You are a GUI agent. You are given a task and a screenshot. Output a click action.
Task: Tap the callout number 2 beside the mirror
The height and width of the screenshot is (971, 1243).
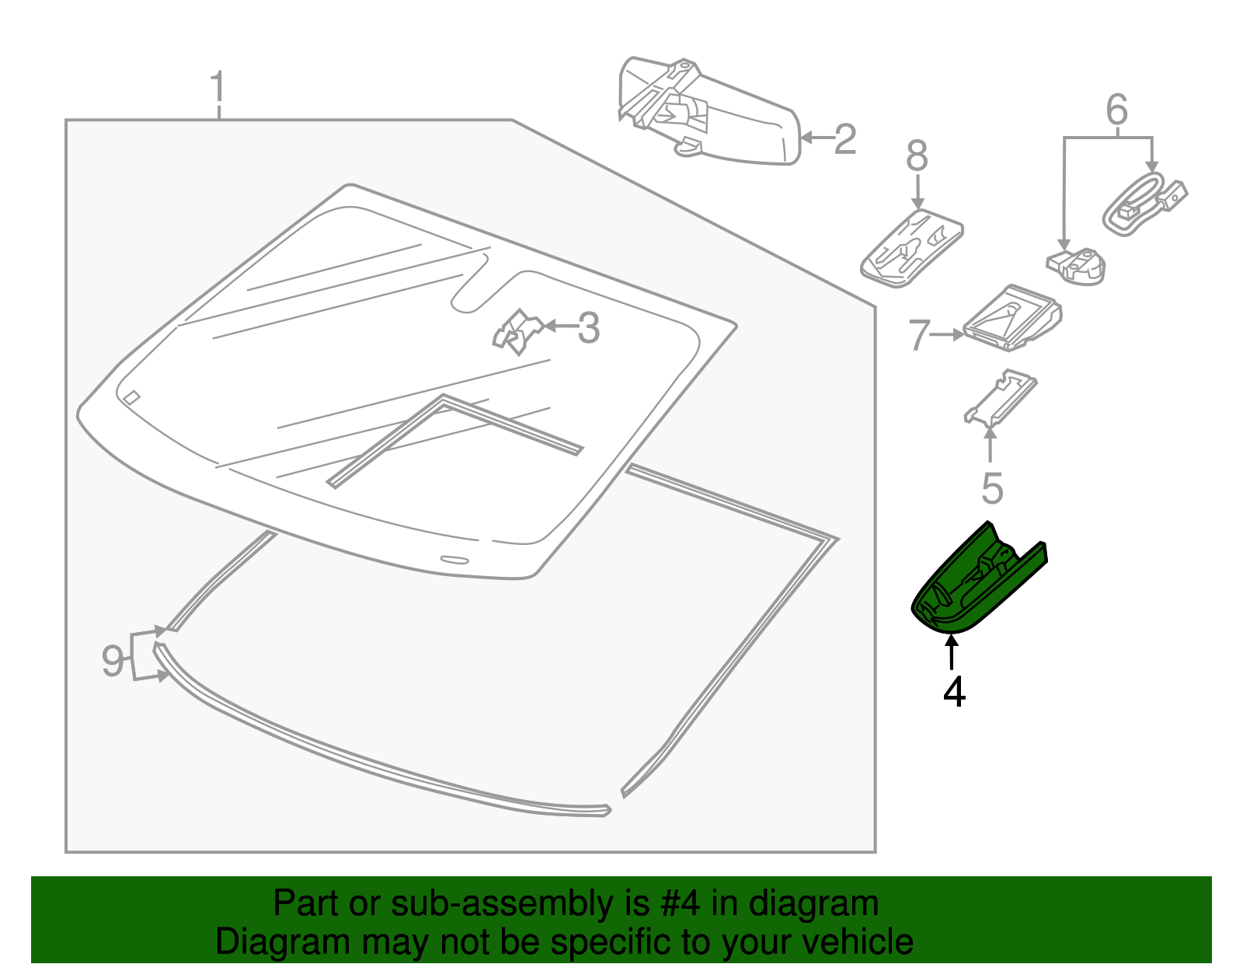pyautogui.click(x=845, y=139)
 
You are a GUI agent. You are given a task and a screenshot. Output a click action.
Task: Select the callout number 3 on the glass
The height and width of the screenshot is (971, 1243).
pyautogui.click(x=589, y=328)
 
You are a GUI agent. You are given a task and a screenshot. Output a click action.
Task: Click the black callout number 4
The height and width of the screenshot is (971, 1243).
pyautogui.click(x=954, y=691)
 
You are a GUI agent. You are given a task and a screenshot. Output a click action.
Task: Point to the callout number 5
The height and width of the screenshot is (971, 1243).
pyautogui.click(x=992, y=488)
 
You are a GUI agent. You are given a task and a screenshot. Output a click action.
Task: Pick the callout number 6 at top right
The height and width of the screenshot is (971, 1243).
pyautogui.click(x=1116, y=110)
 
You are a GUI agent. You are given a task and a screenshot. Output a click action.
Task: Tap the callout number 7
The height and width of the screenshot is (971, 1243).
pyautogui.click(x=919, y=336)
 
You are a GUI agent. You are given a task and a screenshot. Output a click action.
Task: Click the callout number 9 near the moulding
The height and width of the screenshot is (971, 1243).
pyautogui.click(x=113, y=662)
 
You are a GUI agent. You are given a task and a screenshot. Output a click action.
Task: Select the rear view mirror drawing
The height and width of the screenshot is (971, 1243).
pyautogui.click(x=707, y=113)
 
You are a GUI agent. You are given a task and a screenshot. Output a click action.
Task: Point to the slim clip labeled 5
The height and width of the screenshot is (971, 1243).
pyautogui.click(x=1000, y=397)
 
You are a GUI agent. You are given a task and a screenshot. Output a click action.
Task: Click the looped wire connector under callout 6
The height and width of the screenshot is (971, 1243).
pyautogui.click(x=1142, y=202)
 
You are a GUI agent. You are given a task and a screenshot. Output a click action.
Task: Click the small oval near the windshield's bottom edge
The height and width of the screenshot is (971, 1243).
pyautogui.click(x=454, y=559)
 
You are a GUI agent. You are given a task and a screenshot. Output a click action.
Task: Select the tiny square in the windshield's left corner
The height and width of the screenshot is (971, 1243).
pyautogui.click(x=132, y=397)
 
